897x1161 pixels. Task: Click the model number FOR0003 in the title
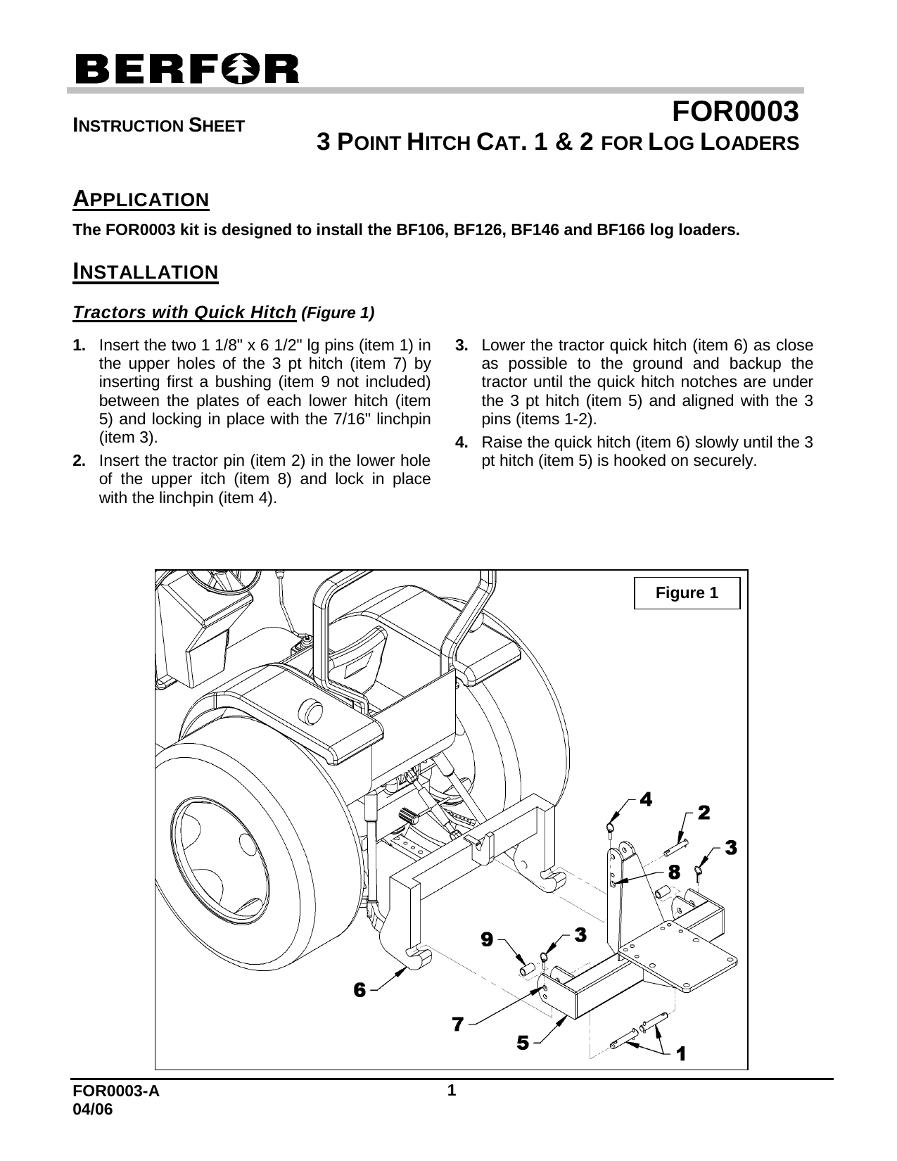click(734, 112)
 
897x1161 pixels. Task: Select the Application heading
click(141, 200)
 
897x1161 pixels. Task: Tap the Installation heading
click(146, 272)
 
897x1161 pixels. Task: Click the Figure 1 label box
click(687, 593)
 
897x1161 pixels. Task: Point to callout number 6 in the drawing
click(360, 990)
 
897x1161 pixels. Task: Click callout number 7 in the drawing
click(457, 1024)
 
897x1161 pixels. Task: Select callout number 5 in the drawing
click(523, 1043)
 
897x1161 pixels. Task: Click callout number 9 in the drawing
click(486, 938)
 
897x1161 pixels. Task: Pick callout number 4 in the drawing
click(646, 799)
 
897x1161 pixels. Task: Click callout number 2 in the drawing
click(703, 813)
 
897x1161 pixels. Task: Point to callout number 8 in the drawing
click(673, 873)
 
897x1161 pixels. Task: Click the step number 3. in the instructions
click(462, 346)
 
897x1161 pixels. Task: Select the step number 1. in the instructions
click(80, 346)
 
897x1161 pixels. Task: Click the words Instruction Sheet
click(160, 127)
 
